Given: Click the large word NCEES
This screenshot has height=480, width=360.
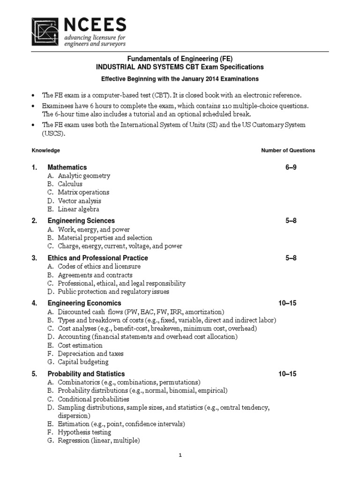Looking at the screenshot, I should (96, 25).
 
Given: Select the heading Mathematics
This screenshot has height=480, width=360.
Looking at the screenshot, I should (67, 167).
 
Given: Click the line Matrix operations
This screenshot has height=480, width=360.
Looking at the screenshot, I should (83, 192).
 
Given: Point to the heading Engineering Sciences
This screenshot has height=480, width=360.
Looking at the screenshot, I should (81, 220).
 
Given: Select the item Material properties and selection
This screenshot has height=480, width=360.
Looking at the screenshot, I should (105, 238).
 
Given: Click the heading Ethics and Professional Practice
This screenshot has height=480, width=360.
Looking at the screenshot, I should (97, 258).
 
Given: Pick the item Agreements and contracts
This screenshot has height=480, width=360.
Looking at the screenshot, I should (95, 275).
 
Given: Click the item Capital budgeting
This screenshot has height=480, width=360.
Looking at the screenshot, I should (83, 362).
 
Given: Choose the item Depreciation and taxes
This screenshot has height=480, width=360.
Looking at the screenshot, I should (91, 353).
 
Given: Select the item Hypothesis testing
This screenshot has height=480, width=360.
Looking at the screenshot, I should (84, 432).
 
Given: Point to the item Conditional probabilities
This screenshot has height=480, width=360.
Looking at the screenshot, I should (93, 399).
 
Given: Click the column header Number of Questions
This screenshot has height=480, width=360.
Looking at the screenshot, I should (288, 150).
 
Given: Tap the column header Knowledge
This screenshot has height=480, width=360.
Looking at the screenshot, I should (45, 150).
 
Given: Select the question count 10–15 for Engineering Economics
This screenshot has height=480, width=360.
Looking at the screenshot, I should (287, 303).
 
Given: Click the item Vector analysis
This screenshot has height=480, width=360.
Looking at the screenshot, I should (79, 201).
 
